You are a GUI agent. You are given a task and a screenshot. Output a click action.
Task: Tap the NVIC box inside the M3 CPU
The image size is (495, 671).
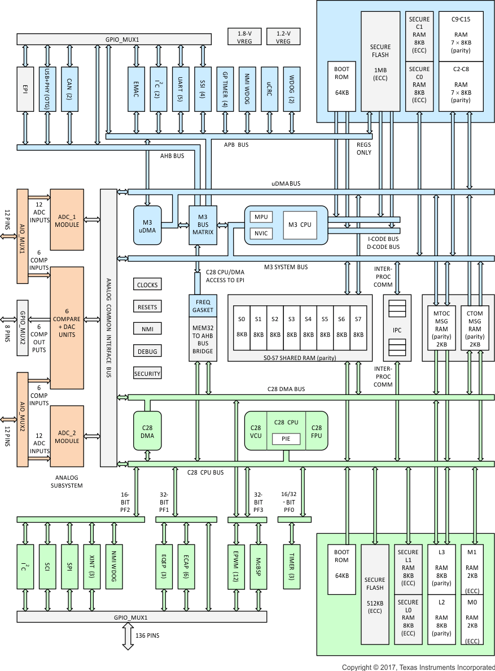pos(261,233)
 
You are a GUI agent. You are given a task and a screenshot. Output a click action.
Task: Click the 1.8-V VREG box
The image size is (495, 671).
pos(244,37)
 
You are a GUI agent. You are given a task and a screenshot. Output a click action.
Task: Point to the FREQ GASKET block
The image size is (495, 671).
pos(203,305)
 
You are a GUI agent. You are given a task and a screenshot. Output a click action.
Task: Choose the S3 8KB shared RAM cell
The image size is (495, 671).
pos(291,327)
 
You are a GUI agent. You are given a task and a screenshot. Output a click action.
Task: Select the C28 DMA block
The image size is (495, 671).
pos(147,431)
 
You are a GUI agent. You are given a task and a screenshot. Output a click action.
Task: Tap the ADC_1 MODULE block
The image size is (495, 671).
pos(67,220)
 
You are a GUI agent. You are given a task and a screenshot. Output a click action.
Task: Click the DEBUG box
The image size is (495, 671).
pos(147,351)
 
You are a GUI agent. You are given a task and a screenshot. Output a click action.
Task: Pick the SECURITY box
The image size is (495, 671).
pos(147,374)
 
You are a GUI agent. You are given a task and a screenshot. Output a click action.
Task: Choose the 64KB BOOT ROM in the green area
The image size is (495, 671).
pos(341,568)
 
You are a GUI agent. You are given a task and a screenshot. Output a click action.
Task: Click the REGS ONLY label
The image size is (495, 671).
pos(364,148)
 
